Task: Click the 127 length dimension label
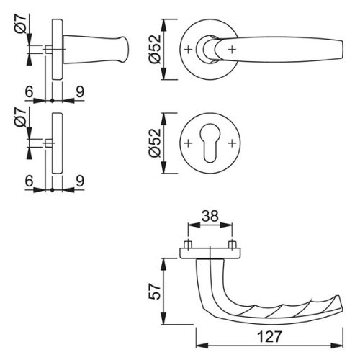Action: [269, 336]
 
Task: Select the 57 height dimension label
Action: [154, 292]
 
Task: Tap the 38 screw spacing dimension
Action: [210, 216]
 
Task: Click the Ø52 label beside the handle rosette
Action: [154, 49]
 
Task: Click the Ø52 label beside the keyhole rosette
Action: [154, 143]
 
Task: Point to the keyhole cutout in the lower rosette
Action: [210, 143]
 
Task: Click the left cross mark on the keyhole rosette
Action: [188, 143]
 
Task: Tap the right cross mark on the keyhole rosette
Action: [232, 143]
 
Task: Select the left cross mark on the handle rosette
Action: [188, 50]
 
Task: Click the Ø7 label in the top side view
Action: [20, 23]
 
